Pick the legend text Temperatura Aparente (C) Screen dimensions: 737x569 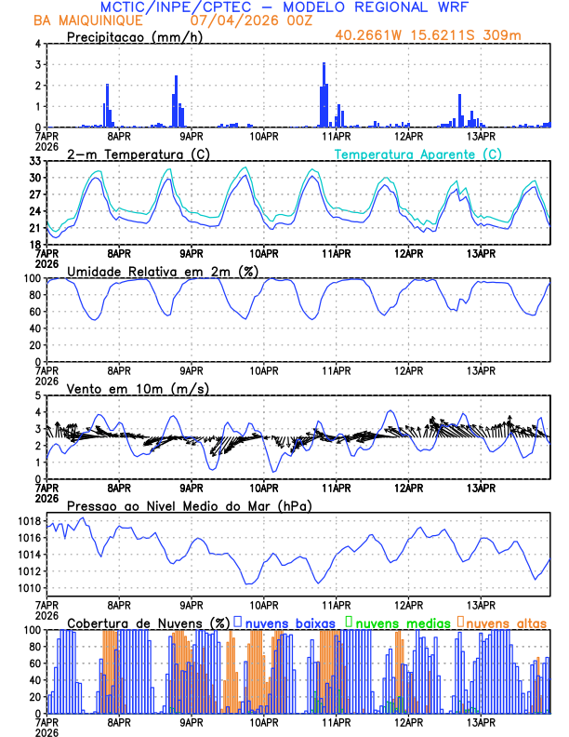pyautogui.click(x=417, y=154)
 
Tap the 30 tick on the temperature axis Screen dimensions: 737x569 pyautogui.click(x=36, y=178)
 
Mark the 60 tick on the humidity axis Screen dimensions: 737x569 pyautogui.click(x=36, y=312)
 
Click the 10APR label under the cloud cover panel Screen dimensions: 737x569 pyautogui.click(x=264, y=722)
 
